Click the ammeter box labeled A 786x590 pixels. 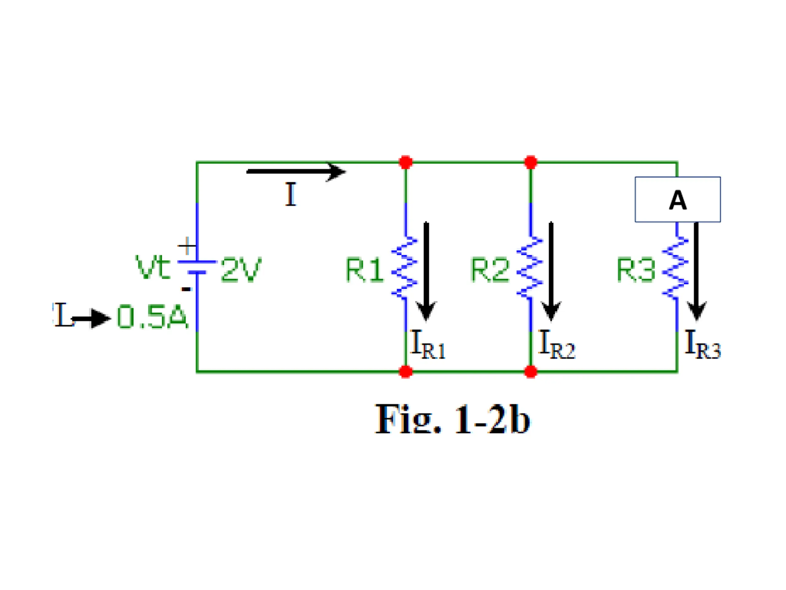tap(678, 199)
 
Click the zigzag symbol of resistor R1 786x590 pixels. tap(404, 268)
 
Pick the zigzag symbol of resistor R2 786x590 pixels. tap(529, 268)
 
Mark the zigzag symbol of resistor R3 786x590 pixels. tap(675, 268)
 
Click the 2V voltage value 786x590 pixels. tap(241, 269)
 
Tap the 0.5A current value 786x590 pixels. tap(152, 317)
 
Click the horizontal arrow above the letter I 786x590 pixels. tap(296, 172)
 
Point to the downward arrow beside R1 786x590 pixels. tap(426, 271)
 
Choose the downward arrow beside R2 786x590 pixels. tap(551, 271)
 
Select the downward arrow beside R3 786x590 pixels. tap(696, 271)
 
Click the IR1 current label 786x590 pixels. tap(428, 344)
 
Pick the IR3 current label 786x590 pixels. tap(702, 344)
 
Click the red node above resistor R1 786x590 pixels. tap(406, 162)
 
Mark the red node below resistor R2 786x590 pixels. tap(531, 372)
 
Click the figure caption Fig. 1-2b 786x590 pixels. tap(452, 420)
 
